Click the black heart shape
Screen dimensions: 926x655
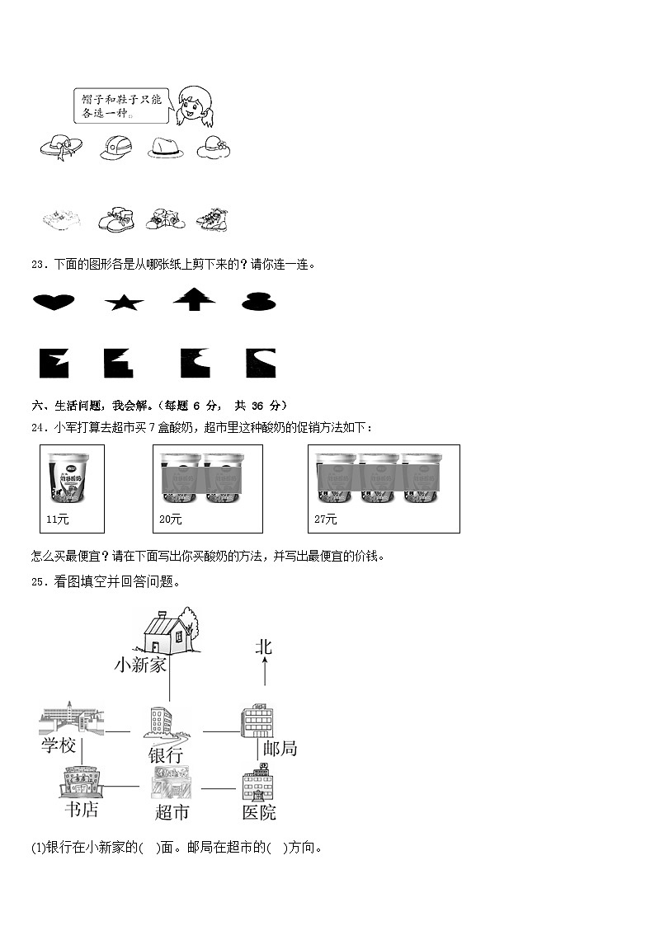pos(54,302)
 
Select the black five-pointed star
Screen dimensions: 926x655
pos(124,303)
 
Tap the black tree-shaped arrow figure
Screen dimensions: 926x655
pos(194,299)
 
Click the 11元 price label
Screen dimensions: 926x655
pos(57,519)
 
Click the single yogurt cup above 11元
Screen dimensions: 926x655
pos(72,477)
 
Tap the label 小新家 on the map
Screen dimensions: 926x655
pos(140,665)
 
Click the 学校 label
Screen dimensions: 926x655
pos(59,746)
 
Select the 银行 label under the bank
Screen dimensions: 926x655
pos(165,754)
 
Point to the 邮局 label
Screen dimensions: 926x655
pos(280,749)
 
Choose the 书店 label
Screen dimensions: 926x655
pos(81,810)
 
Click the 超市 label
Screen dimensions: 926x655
pos(172,812)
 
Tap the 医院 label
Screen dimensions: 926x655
pos(259,812)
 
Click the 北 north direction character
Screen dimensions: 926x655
pos(263,648)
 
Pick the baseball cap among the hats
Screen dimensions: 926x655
pos(115,148)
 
